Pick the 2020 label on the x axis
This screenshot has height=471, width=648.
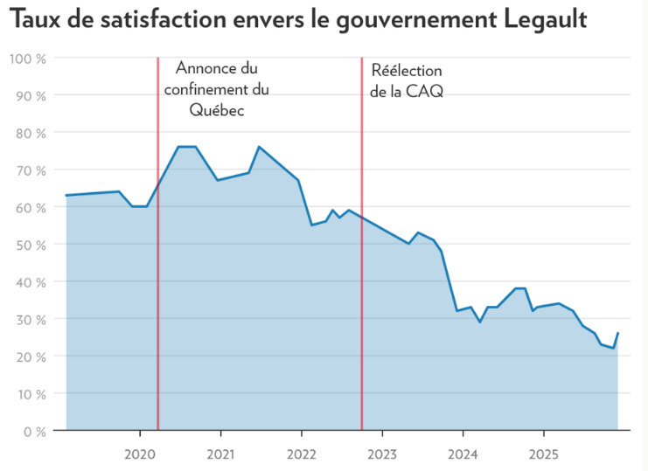[x=140, y=454]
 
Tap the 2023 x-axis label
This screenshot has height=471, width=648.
[x=381, y=454]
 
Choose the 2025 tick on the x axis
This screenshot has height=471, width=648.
[x=542, y=454]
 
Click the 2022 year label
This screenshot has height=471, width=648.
[x=301, y=454]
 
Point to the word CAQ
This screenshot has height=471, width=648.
[x=426, y=91]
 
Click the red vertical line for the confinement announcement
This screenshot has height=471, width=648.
[x=158, y=262]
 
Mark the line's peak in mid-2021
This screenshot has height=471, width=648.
[x=259, y=147]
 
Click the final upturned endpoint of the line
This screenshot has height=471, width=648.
[x=618, y=333]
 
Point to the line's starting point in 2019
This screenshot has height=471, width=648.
[x=66, y=195]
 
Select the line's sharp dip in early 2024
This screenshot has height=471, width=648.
[x=479, y=322]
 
